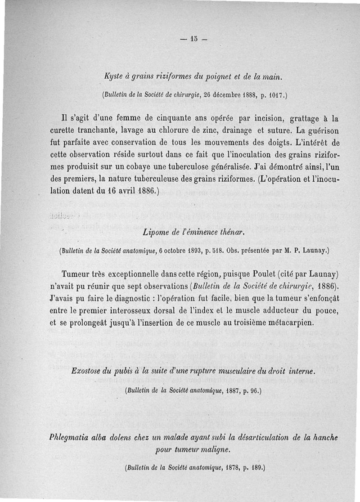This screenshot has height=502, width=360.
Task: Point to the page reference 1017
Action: pos(273,95)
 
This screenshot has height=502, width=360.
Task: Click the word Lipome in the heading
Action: pos(154,233)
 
